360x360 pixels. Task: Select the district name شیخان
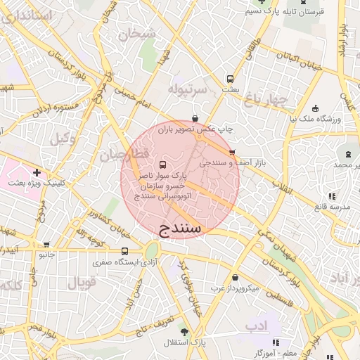135,32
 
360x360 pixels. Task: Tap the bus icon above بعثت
230,79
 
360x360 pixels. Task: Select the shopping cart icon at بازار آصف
232,152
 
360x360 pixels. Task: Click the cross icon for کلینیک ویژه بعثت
37,172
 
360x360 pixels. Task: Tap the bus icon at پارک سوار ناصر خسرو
164,162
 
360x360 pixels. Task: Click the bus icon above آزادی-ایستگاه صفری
124,251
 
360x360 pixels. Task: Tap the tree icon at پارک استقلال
184,331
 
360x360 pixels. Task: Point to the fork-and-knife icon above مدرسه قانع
330,196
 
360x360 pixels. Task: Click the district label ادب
257,326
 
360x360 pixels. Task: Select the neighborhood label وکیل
63,139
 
